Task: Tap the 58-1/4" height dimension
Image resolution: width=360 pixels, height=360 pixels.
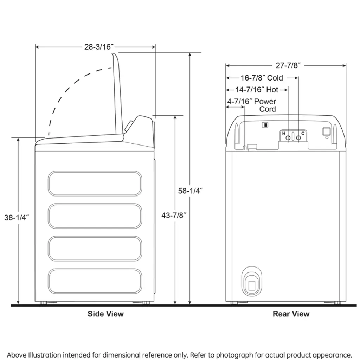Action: coord(191,191)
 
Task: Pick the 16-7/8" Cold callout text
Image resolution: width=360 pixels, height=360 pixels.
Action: coord(262,78)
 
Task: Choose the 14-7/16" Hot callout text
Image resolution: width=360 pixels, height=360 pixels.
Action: coord(257,90)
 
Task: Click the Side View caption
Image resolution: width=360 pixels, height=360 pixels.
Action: coord(105,314)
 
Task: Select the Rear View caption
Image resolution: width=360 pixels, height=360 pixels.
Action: coord(291,314)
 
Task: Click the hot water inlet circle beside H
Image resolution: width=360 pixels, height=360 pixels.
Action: coord(288,138)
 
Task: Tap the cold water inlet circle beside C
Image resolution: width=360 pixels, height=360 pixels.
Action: coord(298,138)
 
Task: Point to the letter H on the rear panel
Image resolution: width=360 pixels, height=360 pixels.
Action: coord(284,134)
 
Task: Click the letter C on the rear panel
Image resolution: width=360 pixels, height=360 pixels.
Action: coord(303,134)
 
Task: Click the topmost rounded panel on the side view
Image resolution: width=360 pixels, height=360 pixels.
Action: coord(95,184)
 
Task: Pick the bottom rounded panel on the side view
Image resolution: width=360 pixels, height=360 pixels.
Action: coord(95,281)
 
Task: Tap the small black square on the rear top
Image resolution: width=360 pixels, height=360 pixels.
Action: coord(266,124)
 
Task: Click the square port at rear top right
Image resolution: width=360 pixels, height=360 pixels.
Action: coord(326,131)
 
